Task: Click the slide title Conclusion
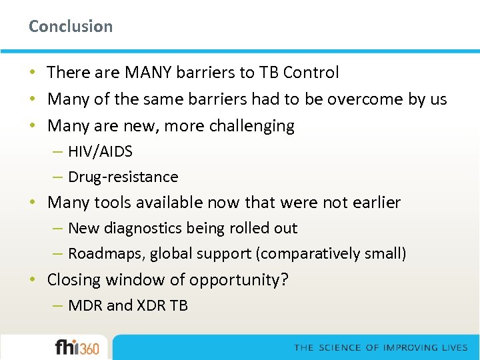(x=71, y=27)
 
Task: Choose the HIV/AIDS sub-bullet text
(x=100, y=152)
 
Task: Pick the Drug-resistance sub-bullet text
(x=123, y=177)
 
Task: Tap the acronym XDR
(x=151, y=305)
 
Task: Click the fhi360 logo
(x=77, y=347)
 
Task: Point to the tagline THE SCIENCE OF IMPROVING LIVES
(x=381, y=348)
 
